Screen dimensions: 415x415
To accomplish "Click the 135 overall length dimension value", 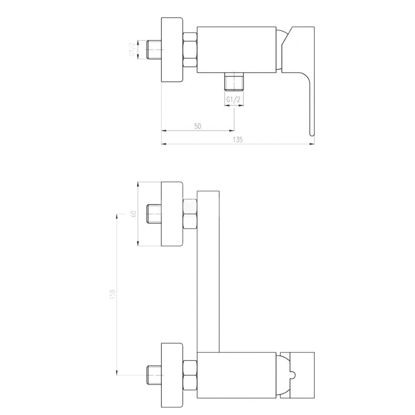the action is (238, 139).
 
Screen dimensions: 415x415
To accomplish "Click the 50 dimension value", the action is (198, 126).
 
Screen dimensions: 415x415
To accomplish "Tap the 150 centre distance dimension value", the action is (112, 294).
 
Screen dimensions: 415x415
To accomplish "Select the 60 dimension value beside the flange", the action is (134, 214).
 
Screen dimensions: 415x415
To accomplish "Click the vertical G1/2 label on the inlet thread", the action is (132, 49).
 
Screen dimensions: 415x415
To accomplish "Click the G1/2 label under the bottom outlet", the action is (233, 100).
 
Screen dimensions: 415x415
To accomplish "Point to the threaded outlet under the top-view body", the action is (234, 82).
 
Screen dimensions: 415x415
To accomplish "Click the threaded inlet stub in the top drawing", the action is (154, 50).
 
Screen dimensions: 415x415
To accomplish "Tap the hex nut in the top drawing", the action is (190, 49).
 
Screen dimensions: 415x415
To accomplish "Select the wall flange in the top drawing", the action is (172, 50).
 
